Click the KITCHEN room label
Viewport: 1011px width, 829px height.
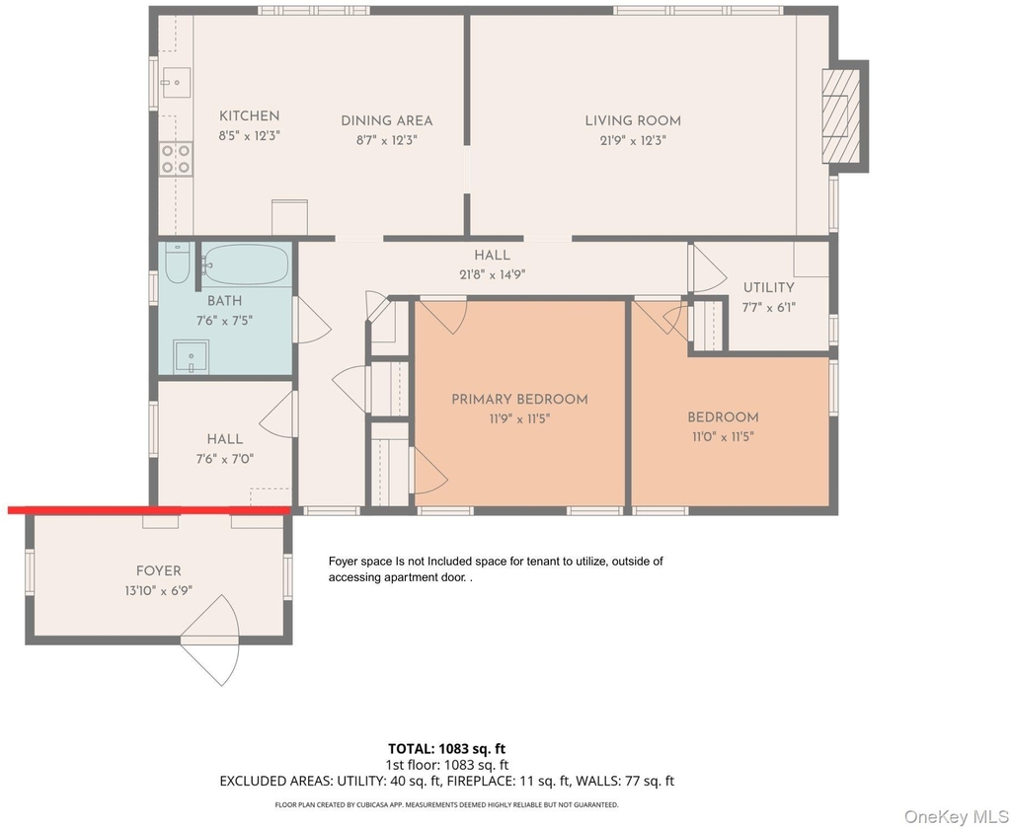[249, 116]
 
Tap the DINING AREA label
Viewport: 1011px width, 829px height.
[386, 120]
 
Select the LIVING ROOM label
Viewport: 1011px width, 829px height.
[633, 120]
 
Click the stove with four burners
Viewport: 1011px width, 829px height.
[176, 159]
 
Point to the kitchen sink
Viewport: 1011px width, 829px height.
[176, 83]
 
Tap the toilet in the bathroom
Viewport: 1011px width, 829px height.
[177, 263]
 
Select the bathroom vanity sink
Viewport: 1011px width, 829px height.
[191, 357]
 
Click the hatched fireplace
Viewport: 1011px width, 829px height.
[841, 116]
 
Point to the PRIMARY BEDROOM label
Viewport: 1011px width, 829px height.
[519, 399]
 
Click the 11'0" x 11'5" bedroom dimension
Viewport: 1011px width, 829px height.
[723, 437]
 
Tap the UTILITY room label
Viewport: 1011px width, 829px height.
[768, 287]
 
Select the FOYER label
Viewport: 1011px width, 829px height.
[159, 571]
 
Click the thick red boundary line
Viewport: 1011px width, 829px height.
[149, 510]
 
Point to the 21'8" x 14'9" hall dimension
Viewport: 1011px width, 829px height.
[492, 274]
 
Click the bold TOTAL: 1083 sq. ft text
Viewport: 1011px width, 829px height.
[446, 748]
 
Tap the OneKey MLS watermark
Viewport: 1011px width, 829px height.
[956, 816]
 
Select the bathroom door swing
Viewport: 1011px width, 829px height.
[313, 320]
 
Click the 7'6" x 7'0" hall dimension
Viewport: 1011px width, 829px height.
[224, 459]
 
